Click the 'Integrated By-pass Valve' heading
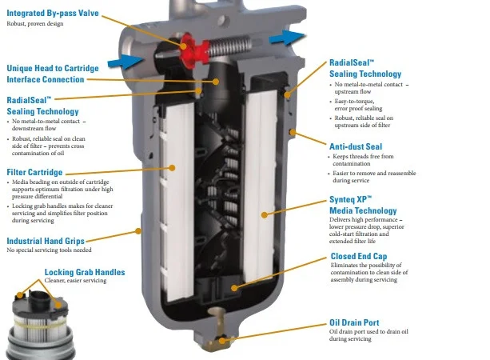click(x=53, y=13)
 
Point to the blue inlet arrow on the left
click(x=125, y=62)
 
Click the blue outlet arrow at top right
click(x=286, y=38)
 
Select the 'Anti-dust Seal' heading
click(x=356, y=146)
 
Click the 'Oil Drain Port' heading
click(x=354, y=322)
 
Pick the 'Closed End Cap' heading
click(x=359, y=257)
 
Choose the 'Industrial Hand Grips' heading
click(x=46, y=241)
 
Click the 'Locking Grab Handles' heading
click(x=85, y=272)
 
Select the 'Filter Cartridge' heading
click(x=34, y=172)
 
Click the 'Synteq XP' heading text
click(x=351, y=199)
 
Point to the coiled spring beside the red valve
click(x=229, y=46)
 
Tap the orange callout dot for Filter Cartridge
click(x=172, y=168)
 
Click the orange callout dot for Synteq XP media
click(x=265, y=215)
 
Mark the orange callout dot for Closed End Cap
click(x=234, y=288)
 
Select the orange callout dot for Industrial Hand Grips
click(x=138, y=231)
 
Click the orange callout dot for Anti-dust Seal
click(x=293, y=132)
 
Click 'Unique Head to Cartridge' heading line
click(x=53, y=68)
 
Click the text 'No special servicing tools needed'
click(x=49, y=250)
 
